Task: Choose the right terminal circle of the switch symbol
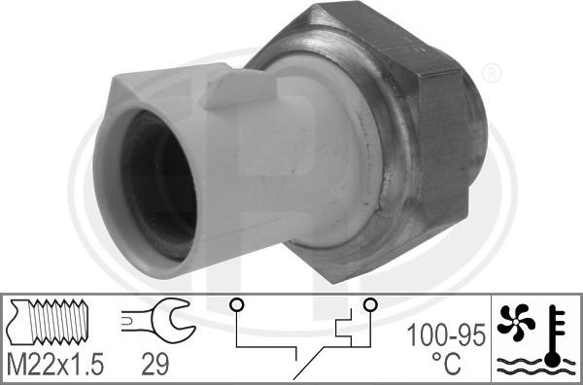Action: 369,305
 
